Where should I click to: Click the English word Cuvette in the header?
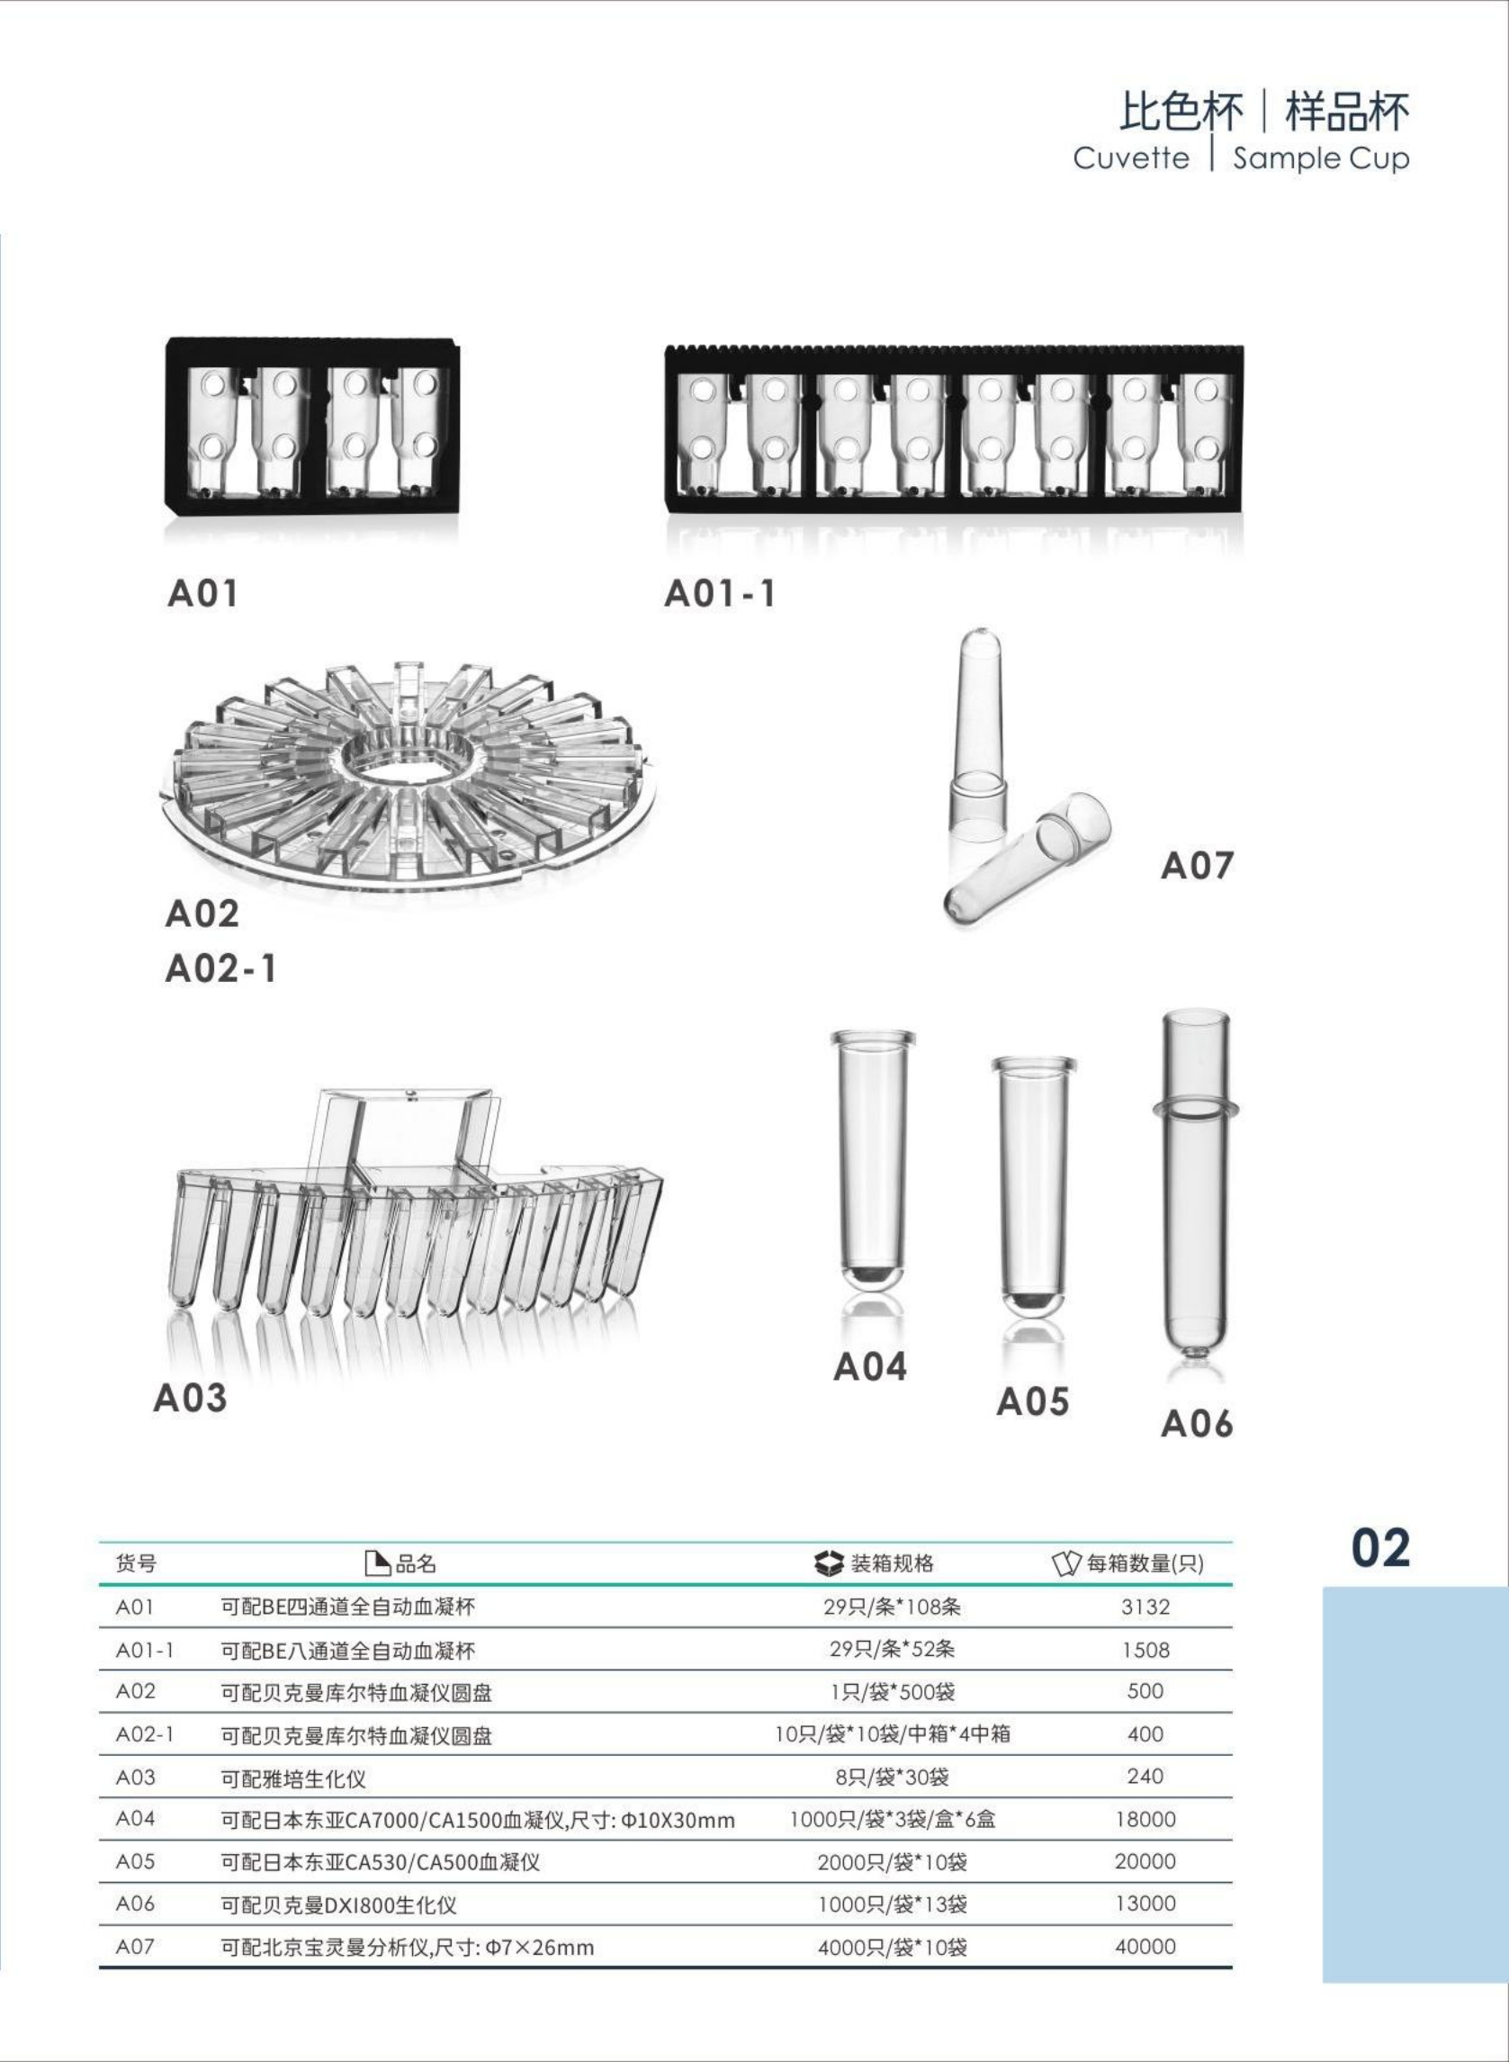tap(1131, 158)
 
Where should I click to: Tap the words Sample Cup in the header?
tap(1320, 158)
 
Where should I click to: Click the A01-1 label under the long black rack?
tap(720, 594)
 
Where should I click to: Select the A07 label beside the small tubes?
tap(1197, 865)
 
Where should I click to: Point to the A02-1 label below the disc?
tap(220, 968)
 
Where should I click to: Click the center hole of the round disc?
tap(408, 761)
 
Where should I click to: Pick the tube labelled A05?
tap(1033, 1188)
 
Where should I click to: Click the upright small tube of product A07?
tap(978, 731)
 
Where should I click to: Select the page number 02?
tap(1380, 1549)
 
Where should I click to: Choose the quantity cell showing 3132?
tap(1145, 1607)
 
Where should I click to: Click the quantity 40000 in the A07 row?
tap(1145, 1946)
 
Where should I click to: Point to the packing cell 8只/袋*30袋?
tap(892, 1777)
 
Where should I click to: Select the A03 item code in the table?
tap(135, 1777)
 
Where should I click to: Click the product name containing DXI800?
tap(339, 1904)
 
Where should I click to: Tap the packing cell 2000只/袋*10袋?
tap(892, 1862)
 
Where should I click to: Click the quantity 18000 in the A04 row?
tap(1145, 1819)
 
